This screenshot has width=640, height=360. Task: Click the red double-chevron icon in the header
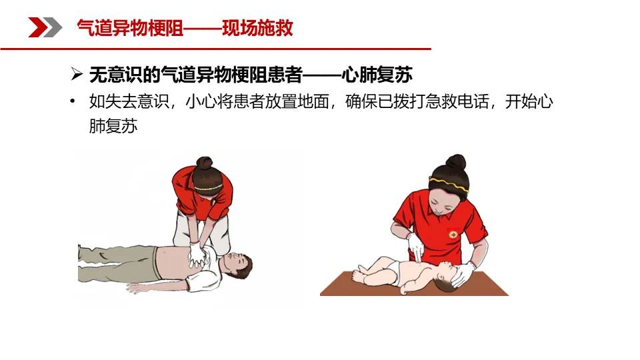point(45,28)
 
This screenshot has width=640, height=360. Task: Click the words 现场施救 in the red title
point(257,28)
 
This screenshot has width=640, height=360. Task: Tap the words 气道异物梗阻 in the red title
point(130,28)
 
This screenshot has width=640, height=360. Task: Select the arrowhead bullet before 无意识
point(76,74)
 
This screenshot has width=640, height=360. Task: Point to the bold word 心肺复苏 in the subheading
point(377,74)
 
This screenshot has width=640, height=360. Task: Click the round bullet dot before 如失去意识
point(72,101)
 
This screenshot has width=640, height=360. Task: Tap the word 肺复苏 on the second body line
point(113,126)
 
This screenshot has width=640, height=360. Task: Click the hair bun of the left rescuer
point(204,163)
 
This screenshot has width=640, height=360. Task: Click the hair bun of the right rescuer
point(456,161)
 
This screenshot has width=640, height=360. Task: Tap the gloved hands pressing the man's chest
point(198,255)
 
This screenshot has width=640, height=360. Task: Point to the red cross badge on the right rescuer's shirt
point(453,234)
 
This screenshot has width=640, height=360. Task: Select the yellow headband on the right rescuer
point(449,185)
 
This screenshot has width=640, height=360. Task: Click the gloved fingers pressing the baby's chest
point(416,249)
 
